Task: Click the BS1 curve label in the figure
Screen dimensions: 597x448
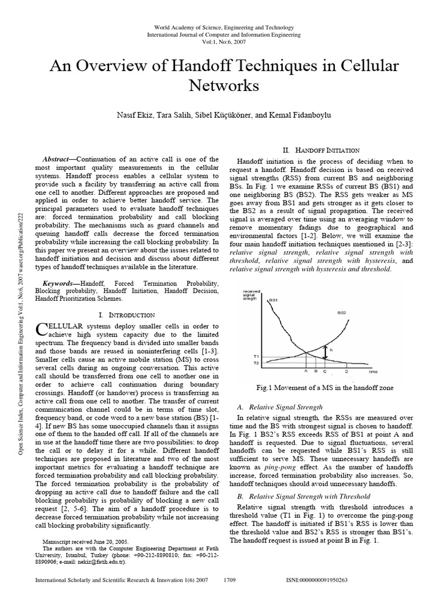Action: (x=272, y=300)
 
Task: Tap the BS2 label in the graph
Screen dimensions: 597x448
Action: (x=342, y=312)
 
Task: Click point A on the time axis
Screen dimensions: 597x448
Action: (x=306, y=371)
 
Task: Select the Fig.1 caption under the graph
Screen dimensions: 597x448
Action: (x=325, y=387)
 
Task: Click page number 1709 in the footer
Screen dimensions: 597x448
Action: (x=232, y=581)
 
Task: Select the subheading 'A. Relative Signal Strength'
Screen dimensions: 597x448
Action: (x=279, y=406)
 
